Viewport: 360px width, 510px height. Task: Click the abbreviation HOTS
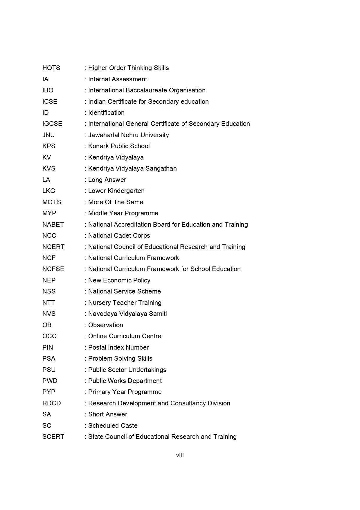point(51,68)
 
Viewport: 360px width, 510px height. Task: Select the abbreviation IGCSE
point(52,124)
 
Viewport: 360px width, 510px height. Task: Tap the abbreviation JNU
point(48,135)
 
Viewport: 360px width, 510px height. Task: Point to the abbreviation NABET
point(53,225)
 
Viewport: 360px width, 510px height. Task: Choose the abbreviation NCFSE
point(53,269)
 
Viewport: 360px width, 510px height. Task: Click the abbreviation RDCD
point(52,403)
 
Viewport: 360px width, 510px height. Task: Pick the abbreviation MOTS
point(52,202)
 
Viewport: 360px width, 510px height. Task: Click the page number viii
point(180,455)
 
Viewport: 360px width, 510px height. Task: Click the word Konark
point(98,146)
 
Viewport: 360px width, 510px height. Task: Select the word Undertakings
point(147,370)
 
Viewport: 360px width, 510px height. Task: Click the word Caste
point(129,426)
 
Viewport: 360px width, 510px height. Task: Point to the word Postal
point(97,348)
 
